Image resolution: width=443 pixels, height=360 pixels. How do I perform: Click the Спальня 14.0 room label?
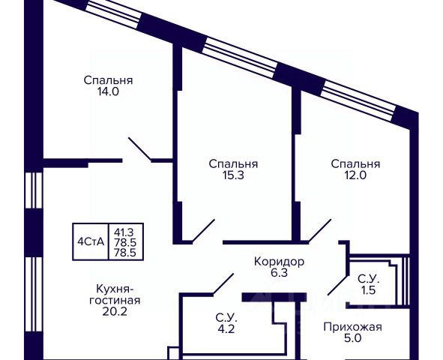[108, 86]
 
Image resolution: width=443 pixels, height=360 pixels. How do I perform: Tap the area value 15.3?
[233, 175]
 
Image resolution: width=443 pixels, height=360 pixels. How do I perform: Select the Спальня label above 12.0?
[355, 164]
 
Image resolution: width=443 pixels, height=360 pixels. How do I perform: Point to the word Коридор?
[279, 262]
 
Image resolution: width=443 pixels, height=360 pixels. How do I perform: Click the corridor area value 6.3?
[279, 273]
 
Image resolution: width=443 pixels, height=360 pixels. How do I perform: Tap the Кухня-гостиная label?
[115, 295]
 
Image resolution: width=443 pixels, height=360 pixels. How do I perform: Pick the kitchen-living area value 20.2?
[115, 311]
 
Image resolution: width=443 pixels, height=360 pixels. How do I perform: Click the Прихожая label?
[352, 327]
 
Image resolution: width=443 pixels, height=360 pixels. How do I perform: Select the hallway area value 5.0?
[353, 338]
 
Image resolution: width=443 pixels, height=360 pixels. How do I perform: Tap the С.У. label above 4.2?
[226, 318]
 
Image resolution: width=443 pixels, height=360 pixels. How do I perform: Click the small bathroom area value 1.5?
[368, 290]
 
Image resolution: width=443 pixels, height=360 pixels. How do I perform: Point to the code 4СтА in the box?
[91, 242]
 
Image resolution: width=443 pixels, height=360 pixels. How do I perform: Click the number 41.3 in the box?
[124, 232]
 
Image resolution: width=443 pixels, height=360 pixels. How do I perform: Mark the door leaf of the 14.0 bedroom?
[140, 149]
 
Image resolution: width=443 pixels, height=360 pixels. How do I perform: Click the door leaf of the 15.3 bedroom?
[204, 230]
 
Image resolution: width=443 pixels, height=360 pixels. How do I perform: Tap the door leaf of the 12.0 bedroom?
[320, 230]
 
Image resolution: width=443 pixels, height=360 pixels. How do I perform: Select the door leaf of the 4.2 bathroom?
[223, 284]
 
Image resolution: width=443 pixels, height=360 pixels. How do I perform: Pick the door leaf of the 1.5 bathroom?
[337, 285]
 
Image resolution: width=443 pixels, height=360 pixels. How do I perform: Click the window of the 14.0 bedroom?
[113, 13]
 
